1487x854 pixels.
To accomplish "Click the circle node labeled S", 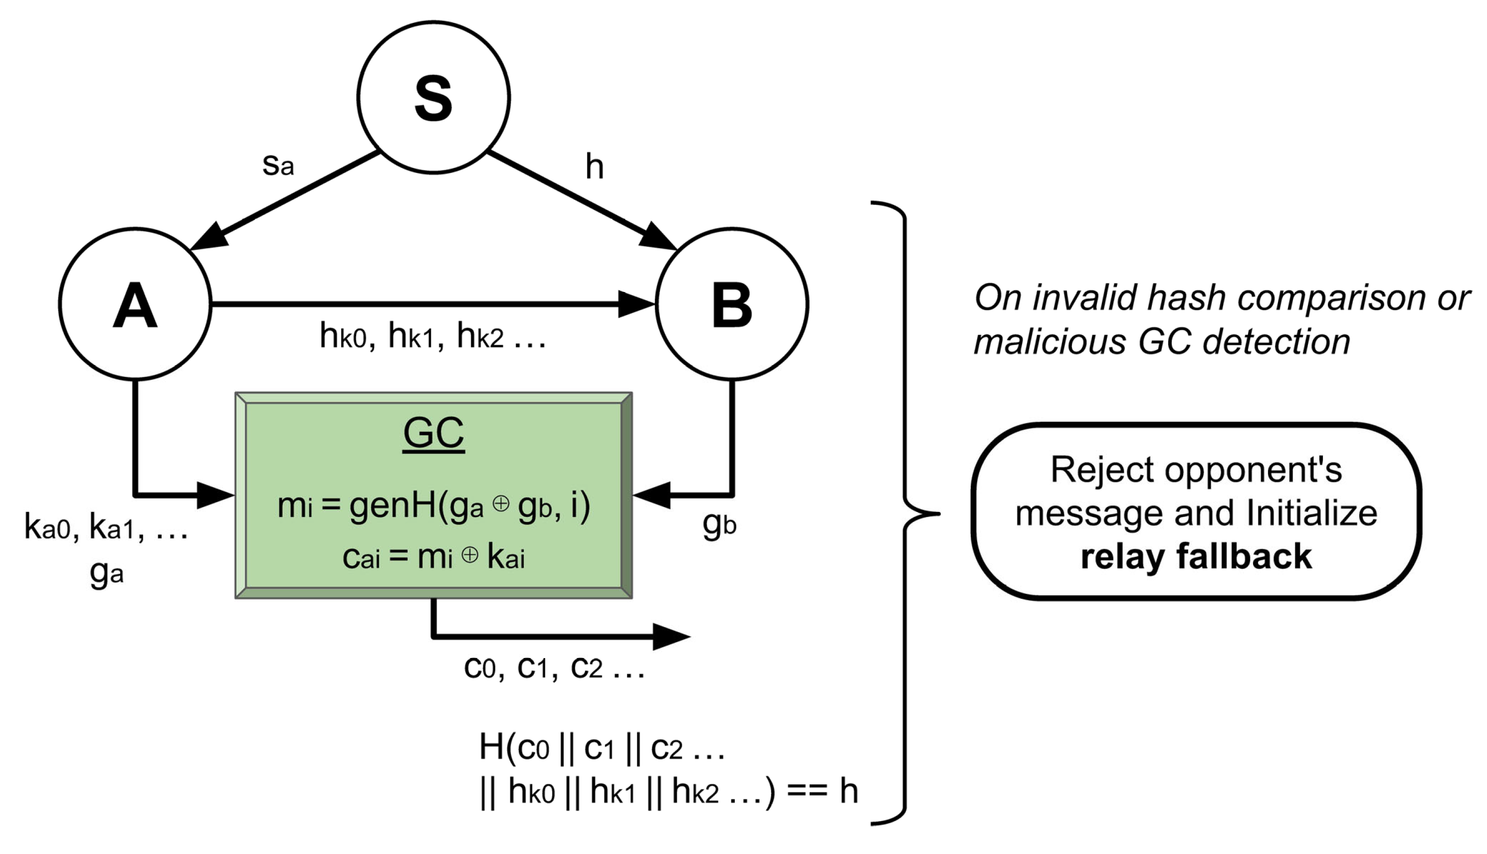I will pyautogui.click(x=433, y=97).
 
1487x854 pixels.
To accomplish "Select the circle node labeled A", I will pyautogui.click(x=135, y=304).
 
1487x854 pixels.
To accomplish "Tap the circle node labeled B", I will pyautogui.click(x=732, y=304).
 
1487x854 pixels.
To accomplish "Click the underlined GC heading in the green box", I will pyautogui.click(x=433, y=433).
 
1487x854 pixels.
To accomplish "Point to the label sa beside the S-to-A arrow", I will pyautogui.click(x=277, y=165).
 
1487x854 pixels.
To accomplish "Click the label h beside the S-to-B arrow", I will pyautogui.click(x=594, y=167).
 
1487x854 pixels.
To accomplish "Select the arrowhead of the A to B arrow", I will pyautogui.click(x=637, y=304).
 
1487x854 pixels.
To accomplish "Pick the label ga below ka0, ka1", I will pyautogui.click(x=107, y=572).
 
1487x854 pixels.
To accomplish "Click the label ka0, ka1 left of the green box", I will pyautogui.click(x=106, y=527).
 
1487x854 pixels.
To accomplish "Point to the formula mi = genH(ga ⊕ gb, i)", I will pyautogui.click(x=433, y=506).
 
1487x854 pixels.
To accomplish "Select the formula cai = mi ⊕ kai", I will pyautogui.click(x=433, y=557).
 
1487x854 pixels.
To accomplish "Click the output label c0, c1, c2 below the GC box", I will pyautogui.click(x=553, y=667).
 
